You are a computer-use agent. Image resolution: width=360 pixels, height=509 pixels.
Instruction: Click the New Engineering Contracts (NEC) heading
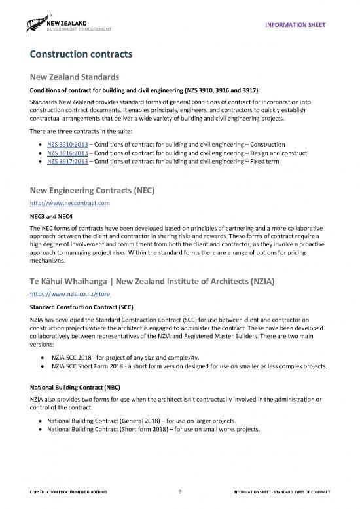click(96, 190)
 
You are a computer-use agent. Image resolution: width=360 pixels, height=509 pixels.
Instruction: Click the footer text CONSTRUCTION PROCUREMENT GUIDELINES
click(61, 491)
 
